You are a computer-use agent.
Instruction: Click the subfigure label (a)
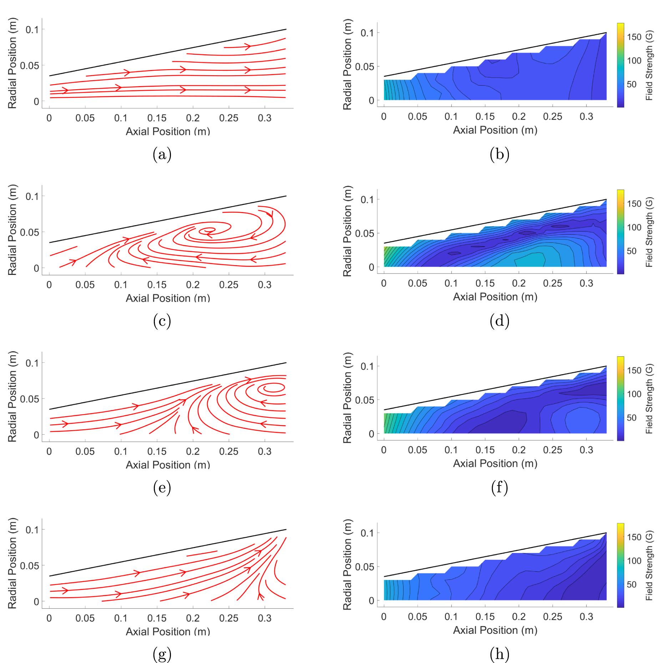pyautogui.click(x=162, y=154)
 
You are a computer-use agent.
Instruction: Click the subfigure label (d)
pyautogui.click(x=499, y=321)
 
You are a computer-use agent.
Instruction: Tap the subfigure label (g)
pyautogui.click(x=162, y=654)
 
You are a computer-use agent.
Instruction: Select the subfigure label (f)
pyautogui.click(x=499, y=488)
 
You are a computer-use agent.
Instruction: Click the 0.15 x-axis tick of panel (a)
pyautogui.click(x=157, y=118)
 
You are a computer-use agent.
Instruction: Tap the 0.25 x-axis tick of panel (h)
pyautogui.click(x=552, y=617)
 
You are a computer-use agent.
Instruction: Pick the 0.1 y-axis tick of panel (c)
pyautogui.click(x=32, y=196)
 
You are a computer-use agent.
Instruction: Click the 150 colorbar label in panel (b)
pyautogui.click(x=634, y=37)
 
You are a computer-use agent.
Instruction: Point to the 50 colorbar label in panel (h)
pyautogui.click(x=631, y=584)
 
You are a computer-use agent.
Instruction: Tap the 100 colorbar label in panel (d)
pyautogui.click(x=634, y=227)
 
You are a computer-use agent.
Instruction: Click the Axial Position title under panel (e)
pyautogui.click(x=168, y=465)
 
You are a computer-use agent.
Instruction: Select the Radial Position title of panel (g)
pyautogui.click(x=12, y=563)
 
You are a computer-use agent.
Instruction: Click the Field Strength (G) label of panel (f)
pyautogui.click(x=649, y=398)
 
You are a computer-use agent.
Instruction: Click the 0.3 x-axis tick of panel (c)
pyautogui.click(x=264, y=285)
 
